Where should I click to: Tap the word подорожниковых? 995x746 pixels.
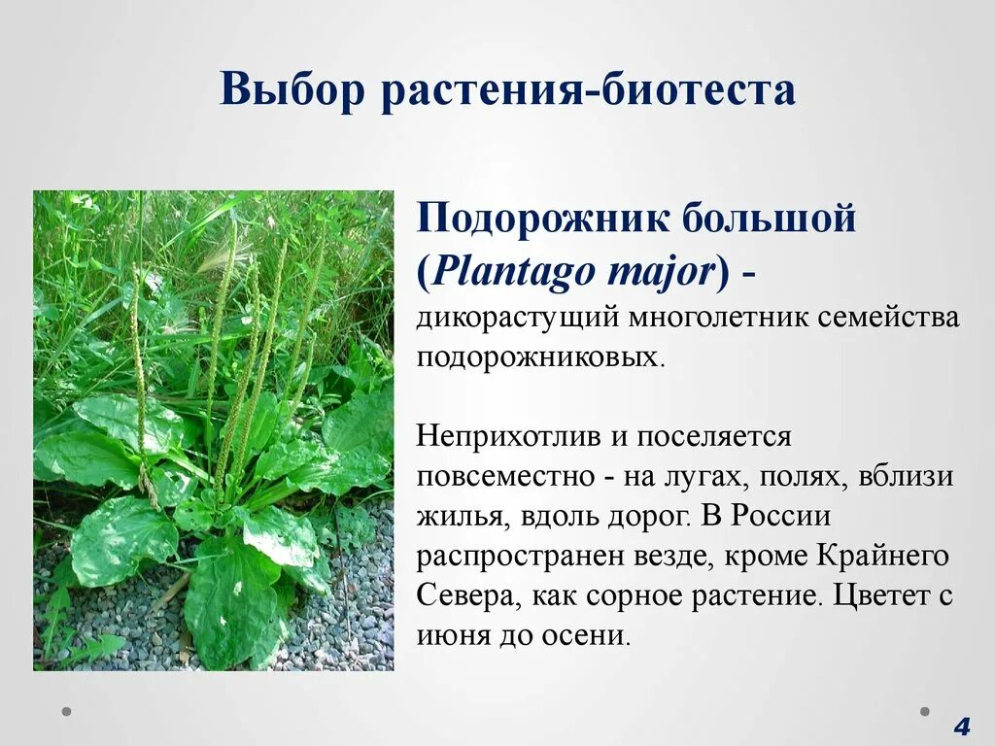(538, 356)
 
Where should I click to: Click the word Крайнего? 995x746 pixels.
(885, 556)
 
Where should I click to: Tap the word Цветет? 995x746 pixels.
(877, 595)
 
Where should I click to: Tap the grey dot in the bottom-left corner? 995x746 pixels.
(67, 711)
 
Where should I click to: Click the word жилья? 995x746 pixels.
(456, 516)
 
